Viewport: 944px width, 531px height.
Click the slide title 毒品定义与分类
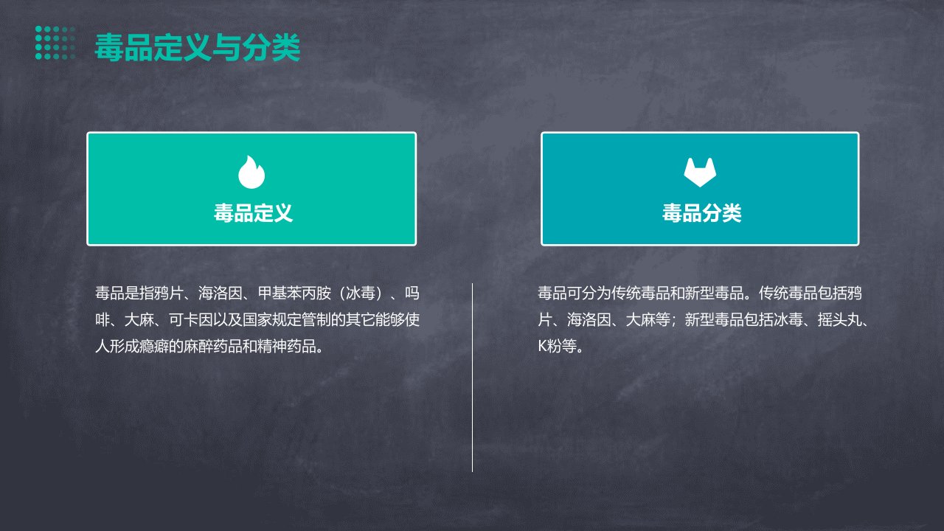click(x=197, y=47)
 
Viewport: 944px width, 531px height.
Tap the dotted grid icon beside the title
click(x=55, y=43)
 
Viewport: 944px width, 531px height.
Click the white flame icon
click(x=251, y=172)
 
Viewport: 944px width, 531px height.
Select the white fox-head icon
click(x=700, y=172)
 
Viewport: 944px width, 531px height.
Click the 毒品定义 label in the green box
click(x=253, y=213)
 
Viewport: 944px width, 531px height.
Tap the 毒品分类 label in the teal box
click(x=701, y=213)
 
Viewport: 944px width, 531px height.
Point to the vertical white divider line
click(x=472, y=378)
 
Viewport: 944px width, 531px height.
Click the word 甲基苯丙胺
click(x=294, y=293)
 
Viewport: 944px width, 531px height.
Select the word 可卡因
click(x=190, y=320)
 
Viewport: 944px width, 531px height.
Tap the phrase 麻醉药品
click(x=213, y=347)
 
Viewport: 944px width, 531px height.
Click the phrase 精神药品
click(x=287, y=347)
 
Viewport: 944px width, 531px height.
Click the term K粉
click(x=550, y=347)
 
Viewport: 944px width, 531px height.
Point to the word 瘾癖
click(x=154, y=347)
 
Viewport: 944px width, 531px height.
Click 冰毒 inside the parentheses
click(x=361, y=293)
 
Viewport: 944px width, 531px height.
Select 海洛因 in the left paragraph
click(x=220, y=293)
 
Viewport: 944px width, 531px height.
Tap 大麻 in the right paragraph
click(x=641, y=320)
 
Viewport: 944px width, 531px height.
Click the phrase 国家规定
click(x=272, y=320)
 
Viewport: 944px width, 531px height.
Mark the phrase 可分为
click(x=589, y=293)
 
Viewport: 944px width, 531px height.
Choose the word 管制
click(x=316, y=320)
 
